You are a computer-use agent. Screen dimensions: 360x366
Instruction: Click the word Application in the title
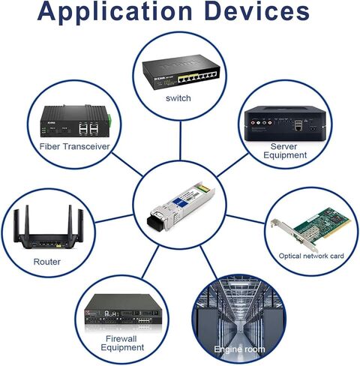pos(115,12)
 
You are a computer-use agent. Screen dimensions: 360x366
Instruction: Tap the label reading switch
pos(178,98)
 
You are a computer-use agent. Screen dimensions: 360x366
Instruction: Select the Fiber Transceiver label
pos(75,146)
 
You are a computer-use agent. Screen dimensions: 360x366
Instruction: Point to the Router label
pos(47,262)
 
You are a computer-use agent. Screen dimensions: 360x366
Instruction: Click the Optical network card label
pos(311,256)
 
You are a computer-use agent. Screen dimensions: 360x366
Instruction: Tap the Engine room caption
pos(239,349)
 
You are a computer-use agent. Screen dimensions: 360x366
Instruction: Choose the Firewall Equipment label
pos(122,343)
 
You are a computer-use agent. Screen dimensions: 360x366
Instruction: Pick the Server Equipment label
pos(285,151)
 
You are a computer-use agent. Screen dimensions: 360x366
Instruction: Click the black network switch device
pos(181,72)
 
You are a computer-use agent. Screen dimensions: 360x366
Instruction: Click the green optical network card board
pos(322,223)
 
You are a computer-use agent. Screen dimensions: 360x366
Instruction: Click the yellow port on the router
pos(58,245)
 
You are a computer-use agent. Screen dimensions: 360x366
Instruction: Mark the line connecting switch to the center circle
pos(180,141)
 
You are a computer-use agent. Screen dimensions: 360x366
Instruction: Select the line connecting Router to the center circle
pos(114,218)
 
